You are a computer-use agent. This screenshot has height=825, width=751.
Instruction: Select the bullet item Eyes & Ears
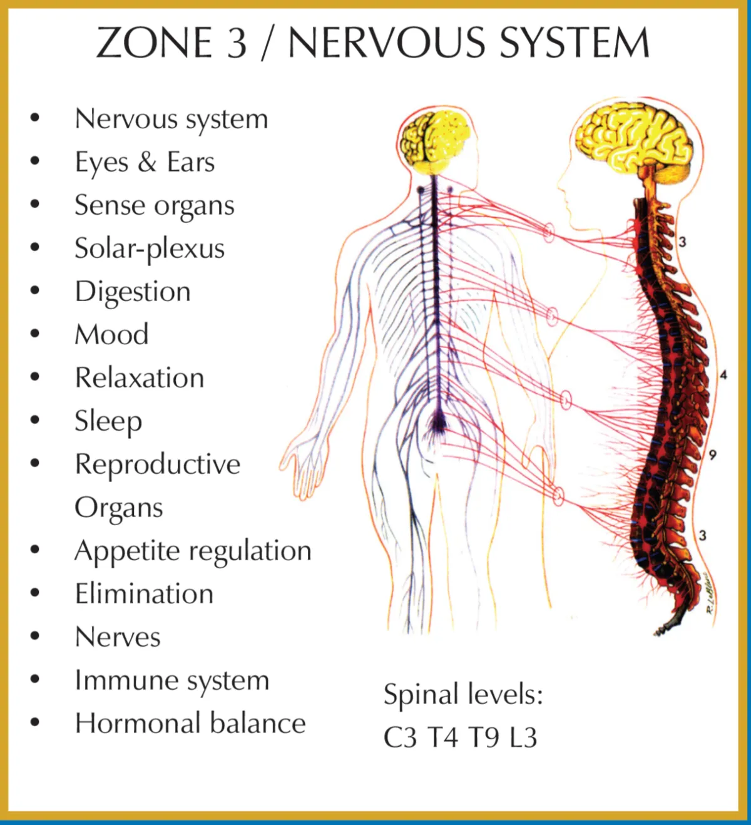click(145, 162)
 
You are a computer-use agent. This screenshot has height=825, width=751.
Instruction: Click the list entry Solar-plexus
click(150, 249)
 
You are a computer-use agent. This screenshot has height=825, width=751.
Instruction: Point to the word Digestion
click(133, 292)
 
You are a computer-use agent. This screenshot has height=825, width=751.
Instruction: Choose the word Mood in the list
click(112, 334)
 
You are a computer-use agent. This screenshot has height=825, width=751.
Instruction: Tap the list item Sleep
click(108, 421)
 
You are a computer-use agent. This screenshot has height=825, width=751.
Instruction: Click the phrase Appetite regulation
click(193, 551)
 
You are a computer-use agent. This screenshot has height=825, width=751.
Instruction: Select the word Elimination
click(144, 593)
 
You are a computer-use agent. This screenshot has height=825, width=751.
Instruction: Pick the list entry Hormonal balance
click(190, 723)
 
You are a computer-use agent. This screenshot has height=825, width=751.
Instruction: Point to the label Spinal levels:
click(463, 694)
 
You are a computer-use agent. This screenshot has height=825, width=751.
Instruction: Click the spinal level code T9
click(484, 737)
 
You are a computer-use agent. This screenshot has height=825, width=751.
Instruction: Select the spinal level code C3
click(400, 737)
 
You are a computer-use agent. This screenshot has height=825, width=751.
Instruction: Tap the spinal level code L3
click(523, 737)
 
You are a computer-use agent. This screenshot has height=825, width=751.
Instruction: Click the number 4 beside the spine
click(723, 375)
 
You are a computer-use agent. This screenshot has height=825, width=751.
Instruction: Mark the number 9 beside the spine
click(713, 455)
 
